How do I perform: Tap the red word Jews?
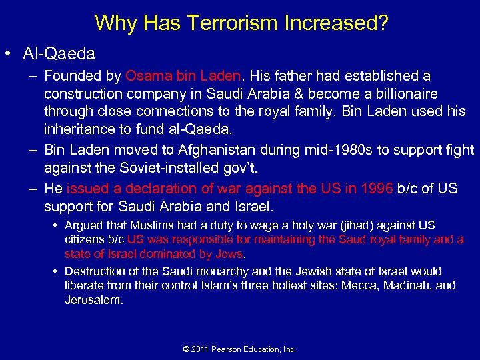[231, 253]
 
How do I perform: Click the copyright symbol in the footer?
[186, 349]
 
